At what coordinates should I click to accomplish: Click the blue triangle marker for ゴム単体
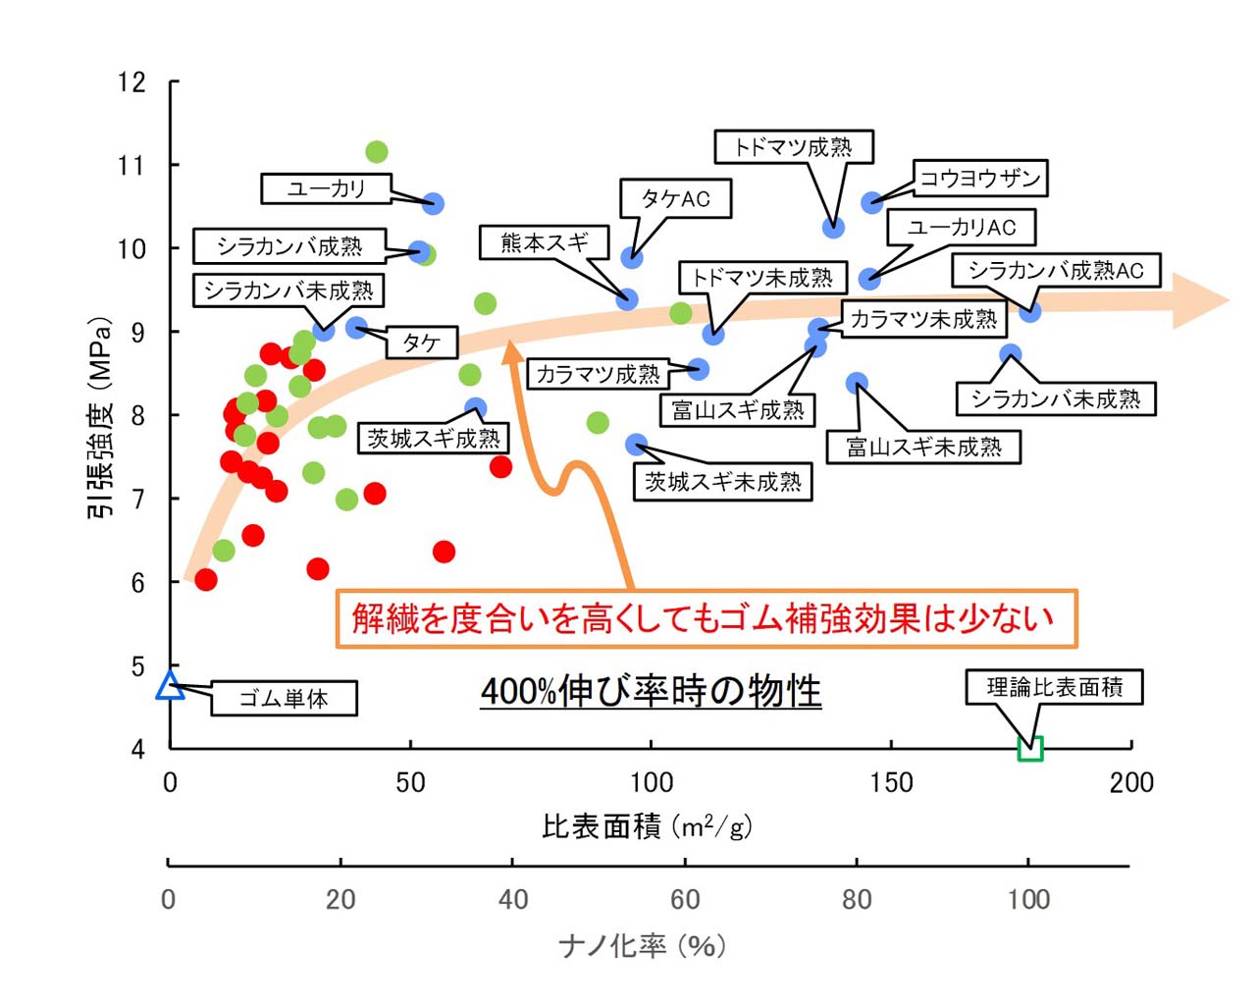coord(170,685)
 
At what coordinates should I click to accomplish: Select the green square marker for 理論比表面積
coord(1030,748)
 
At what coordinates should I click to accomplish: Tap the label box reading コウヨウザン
coord(979,178)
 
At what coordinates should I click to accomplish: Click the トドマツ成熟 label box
coord(793,147)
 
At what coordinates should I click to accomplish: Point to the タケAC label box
coord(675,198)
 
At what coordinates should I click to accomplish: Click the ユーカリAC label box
coord(961,228)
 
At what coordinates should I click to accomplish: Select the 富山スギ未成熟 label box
coord(923,448)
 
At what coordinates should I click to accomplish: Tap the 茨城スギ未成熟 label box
coord(723,482)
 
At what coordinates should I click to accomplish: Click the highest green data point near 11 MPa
coord(376,151)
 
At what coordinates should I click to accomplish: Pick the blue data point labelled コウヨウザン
coord(871,202)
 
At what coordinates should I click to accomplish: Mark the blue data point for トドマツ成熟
coord(833,228)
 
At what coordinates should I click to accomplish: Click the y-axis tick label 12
coord(131,81)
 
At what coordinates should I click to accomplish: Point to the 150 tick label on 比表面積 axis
coord(891,782)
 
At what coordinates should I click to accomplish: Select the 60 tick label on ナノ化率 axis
coord(685,899)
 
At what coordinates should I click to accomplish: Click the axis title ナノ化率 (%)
coord(642,945)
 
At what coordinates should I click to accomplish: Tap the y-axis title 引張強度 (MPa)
coord(100,416)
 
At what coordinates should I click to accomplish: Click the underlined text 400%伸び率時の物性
coord(651,691)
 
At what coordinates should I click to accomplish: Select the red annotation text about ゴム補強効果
coord(703,618)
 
